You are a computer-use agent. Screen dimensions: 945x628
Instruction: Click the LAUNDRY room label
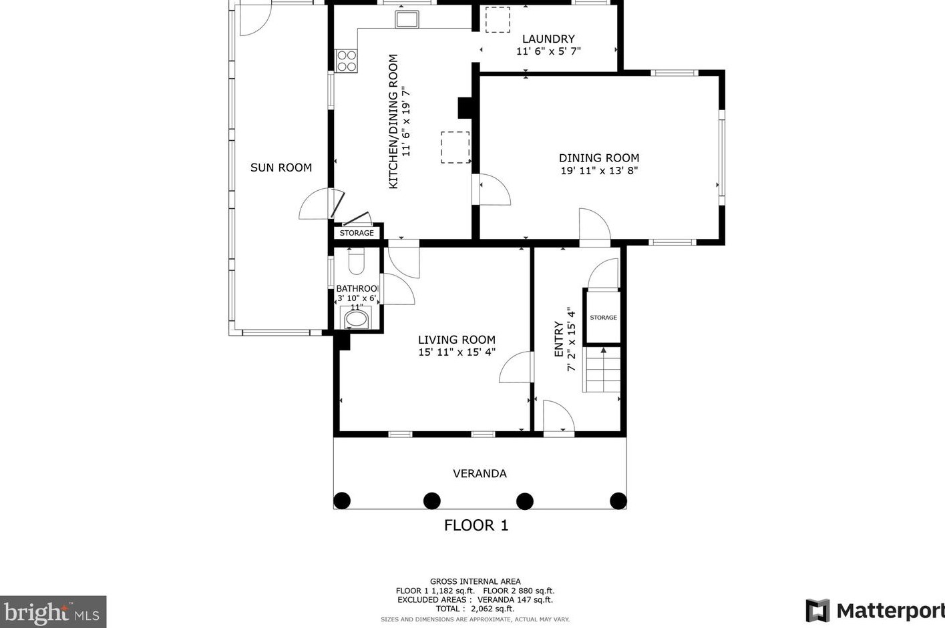(548, 39)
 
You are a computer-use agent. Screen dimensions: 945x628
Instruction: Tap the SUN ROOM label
(281, 168)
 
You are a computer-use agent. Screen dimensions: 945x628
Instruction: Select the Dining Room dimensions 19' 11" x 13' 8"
(599, 171)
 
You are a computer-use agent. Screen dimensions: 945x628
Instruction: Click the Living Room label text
(456, 340)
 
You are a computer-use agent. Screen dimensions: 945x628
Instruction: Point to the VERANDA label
(480, 474)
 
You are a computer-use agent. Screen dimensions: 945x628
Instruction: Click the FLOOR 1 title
(476, 526)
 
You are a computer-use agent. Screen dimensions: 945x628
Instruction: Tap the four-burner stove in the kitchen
(347, 61)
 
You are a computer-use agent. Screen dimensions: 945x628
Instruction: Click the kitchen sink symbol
(407, 19)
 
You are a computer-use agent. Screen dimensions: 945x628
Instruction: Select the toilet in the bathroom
(357, 261)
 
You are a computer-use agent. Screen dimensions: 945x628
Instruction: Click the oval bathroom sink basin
(356, 319)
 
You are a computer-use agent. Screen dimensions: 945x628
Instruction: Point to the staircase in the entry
(602, 370)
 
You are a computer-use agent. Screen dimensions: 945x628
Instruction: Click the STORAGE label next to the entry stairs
(603, 318)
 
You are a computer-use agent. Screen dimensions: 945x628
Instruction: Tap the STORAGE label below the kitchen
(357, 233)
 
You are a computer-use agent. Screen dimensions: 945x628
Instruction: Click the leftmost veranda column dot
(342, 501)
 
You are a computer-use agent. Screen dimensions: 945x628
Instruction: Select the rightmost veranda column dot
(618, 501)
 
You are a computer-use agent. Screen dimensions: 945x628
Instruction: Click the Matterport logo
(876, 611)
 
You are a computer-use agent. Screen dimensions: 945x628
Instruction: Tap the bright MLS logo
(53, 612)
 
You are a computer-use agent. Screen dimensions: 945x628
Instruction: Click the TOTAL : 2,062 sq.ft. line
(475, 609)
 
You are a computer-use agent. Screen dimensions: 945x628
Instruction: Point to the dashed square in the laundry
(498, 19)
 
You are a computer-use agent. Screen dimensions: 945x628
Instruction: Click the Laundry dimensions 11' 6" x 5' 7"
(548, 51)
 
